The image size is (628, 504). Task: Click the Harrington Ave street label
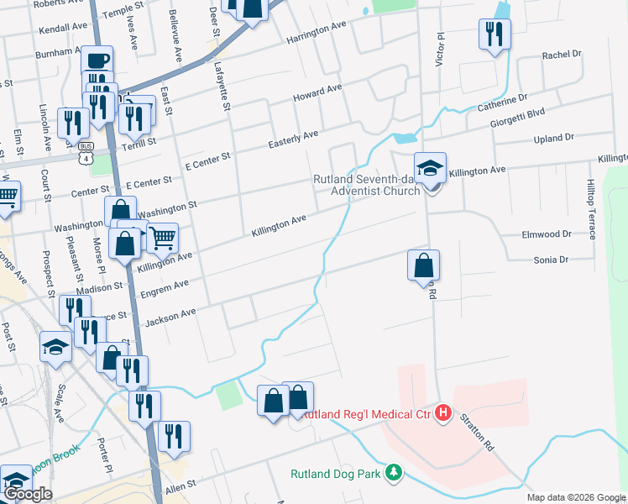click(316, 33)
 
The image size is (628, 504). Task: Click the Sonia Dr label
click(552, 260)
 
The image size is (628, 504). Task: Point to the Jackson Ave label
click(170, 317)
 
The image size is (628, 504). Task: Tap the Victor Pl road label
click(438, 50)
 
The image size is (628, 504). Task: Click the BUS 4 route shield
click(84, 155)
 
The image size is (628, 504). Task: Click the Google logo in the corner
click(27, 494)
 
